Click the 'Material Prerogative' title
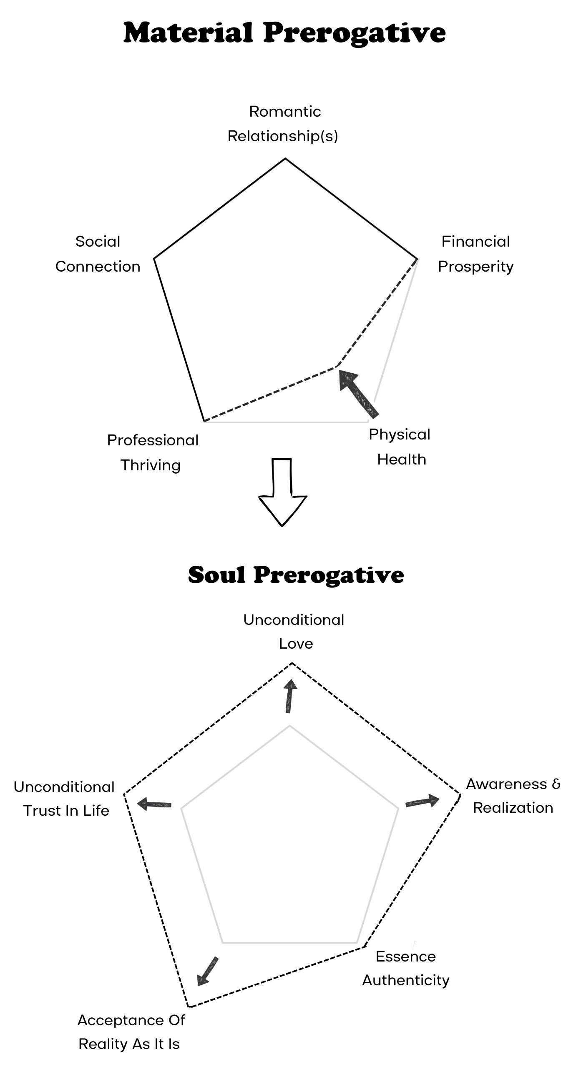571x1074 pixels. pyautogui.click(x=284, y=32)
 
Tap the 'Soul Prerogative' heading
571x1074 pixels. pyautogui.click(x=296, y=575)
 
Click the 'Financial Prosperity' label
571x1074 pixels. pyautogui.click(x=475, y=253)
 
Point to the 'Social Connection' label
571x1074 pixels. pyautogui.click(x=98, y=253)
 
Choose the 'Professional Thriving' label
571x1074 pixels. pyautogui.click(x=152, y=452)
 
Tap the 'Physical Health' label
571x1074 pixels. pyautogui.click(x=400, y=447)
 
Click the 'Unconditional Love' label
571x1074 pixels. pyautogui.click(x=294, y=631)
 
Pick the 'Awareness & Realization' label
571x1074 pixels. pyautogui.click(x=513, y=795)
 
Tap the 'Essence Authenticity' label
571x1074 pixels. pyautogui.click(x=405, y=968)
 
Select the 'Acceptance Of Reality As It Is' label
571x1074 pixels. pyautogui.click(x=131, y=1032)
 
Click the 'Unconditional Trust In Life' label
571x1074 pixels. pyautogui.click(x=65, y=798)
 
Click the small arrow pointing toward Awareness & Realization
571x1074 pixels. pyautogui.click(x=423, y=801)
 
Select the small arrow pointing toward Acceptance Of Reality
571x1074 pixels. pyautogui.click(x=207, y=971)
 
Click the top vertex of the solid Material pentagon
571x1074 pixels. pyautogui.click(x=285, y=159)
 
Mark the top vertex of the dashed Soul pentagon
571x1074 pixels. pyautogui.click(x=292, y=663)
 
